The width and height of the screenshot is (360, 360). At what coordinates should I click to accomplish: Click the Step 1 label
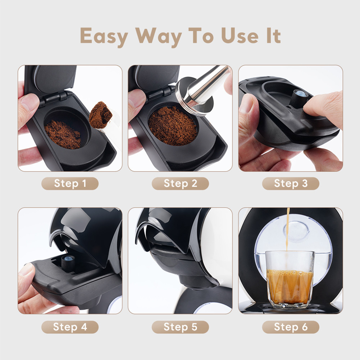(x=70, y=183)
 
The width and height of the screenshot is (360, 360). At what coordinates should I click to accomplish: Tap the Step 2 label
(x=180, y=183)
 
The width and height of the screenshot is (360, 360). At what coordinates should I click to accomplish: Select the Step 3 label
(x=291, y=183)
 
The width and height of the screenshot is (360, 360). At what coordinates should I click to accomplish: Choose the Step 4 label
(x=70, y=327)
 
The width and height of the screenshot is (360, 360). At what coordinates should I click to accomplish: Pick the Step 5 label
(x=180, y=327)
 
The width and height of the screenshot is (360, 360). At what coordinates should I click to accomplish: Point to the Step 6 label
(x=291, y=327)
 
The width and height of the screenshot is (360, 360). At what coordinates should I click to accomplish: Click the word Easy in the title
(x=104, y=36)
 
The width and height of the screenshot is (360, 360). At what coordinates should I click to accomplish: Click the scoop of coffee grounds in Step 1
(x=101, y=114)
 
